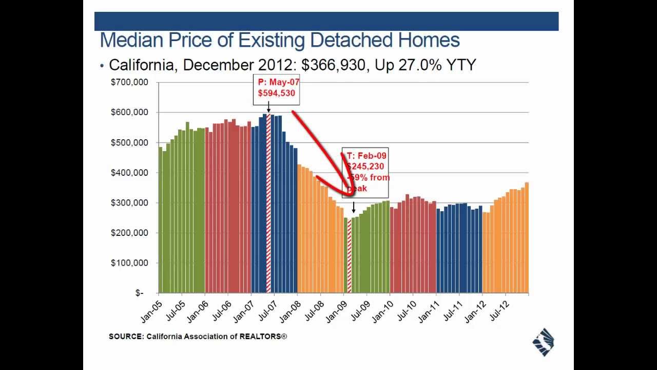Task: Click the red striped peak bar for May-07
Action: click(x=268, y=203)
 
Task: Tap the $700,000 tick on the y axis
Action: click(x=129, y=82)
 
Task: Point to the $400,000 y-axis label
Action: click(x=129, y=173)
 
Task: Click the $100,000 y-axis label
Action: click(x=129, y=263)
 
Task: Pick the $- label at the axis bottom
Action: click(x=139, y=293)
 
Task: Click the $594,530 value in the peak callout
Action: click(x=276, y=93)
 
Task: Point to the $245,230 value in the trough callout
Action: click(x=365, y=166)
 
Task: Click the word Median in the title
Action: click(x=131, y=40)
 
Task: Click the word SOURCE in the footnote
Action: click(x=126, y=337)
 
